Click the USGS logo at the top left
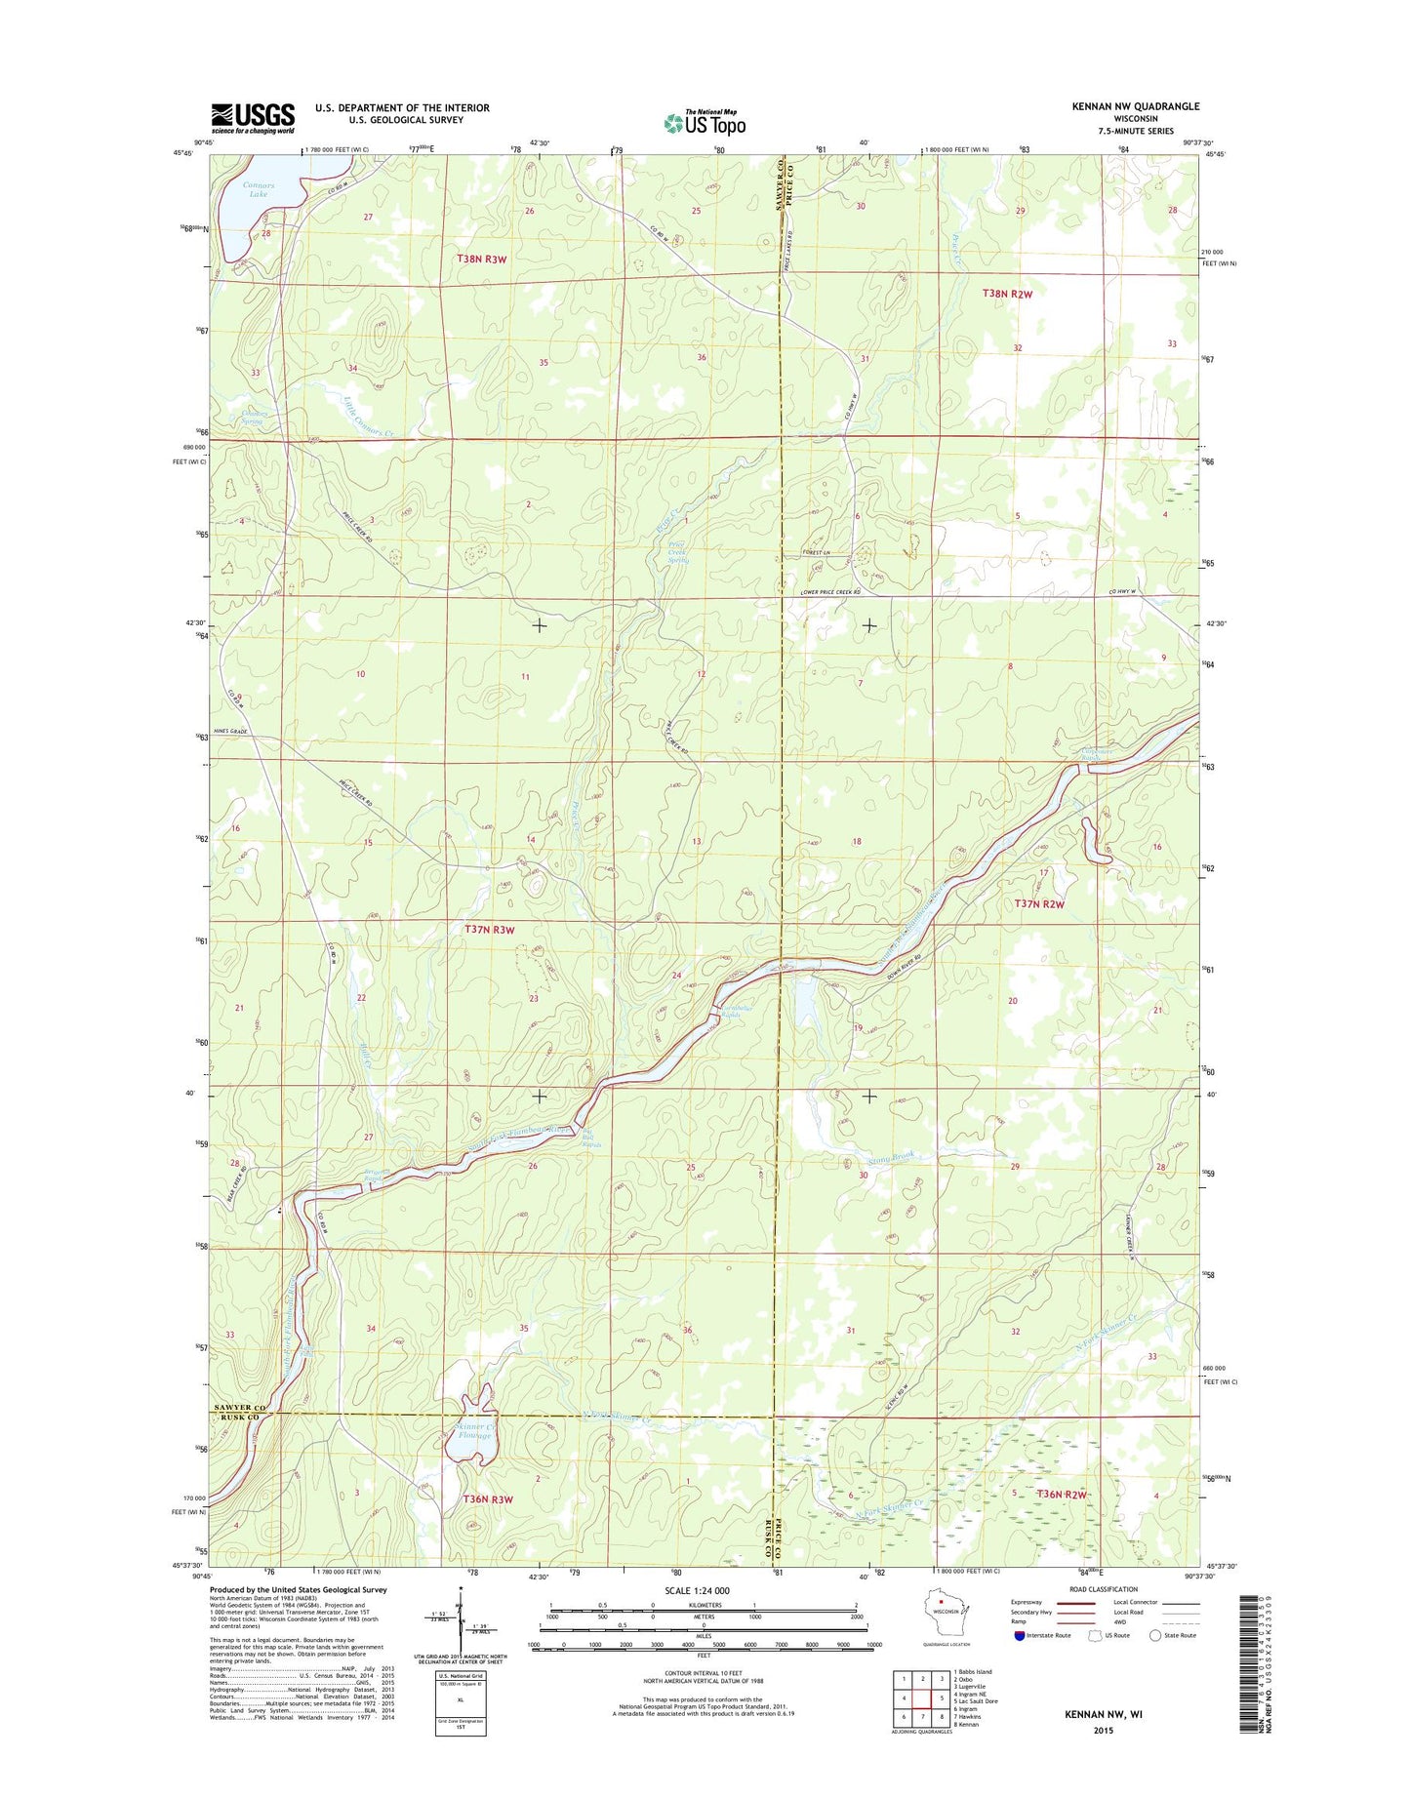(x=253, y=118)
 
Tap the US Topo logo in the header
(x=705, y=123)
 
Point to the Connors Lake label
(x=259, y=189)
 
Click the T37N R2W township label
(x=1038, y=904)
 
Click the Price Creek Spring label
(x=677, y=553)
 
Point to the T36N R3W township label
(x=487, y=1498)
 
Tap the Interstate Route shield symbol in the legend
(x=1020, y=1635)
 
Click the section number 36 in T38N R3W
(x=701, y=358)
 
